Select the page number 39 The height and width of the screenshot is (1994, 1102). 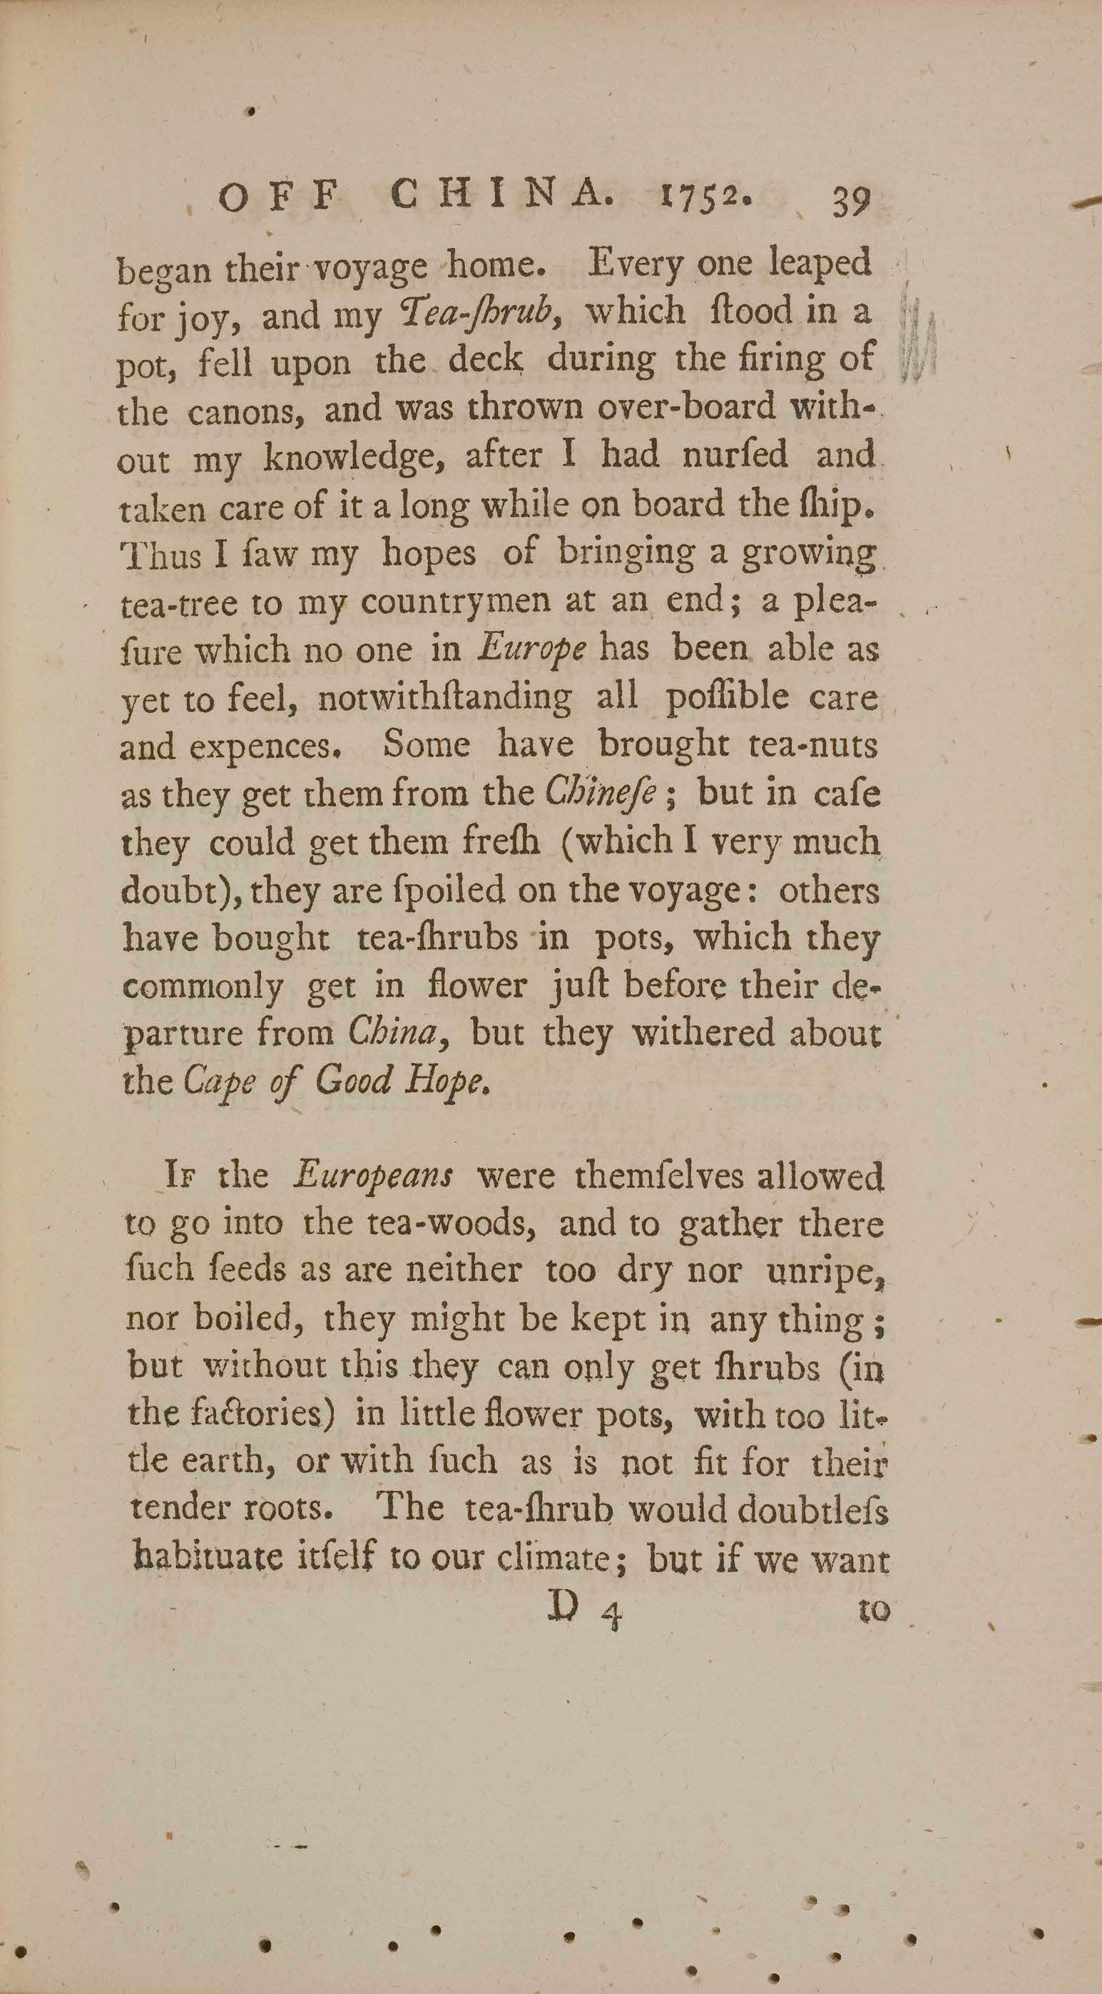click(852, 202)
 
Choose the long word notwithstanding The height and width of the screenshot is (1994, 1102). click(444, 699)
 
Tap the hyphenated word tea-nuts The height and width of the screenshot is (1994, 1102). click(815, 745)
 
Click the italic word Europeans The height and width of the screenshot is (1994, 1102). click(373, 1176)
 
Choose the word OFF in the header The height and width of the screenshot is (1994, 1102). click(277, 200)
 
